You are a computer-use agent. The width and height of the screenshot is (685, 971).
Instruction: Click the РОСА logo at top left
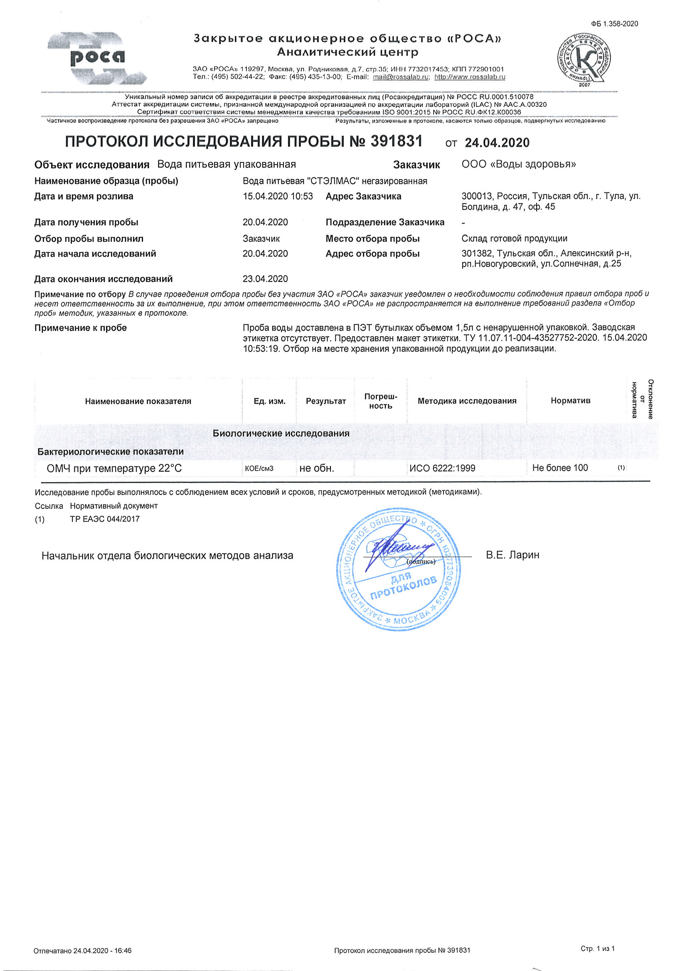pyautogui.click(x=97, y=58)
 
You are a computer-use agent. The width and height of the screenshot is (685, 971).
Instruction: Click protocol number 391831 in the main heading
pyautogui.click(x=396, y=141)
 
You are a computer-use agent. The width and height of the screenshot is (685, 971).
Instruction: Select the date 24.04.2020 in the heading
pyautogui.click(x=497, y=143)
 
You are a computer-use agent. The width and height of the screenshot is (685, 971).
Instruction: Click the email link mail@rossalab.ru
pyautogui.click(x=401, y=77)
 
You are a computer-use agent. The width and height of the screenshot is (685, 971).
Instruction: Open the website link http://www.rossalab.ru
pyautogui.click(x=470, y=77)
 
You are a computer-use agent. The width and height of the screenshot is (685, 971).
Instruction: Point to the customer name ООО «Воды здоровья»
pyautogui.click(x=518, y=164)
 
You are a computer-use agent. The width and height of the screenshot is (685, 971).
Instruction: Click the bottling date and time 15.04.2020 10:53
pyautogui.click(x=278, y=196)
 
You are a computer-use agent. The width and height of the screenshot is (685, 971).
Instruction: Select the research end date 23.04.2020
pyautogui.click(x=265, y=278)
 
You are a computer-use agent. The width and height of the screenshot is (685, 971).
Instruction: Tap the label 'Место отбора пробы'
pyautogui.click(x=372, y=239)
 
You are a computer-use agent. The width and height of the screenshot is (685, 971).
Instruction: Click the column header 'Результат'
pyautogui.click(x=325, y=401)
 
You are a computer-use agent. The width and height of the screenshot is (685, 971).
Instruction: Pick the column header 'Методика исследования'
pyautogui.click(x=467, y=401)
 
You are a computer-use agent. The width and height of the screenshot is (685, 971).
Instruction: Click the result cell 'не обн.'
pyautogui.click(x=317, y=468)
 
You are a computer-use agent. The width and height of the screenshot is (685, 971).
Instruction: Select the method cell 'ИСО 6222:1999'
pyautogui.click(x=442, y=468)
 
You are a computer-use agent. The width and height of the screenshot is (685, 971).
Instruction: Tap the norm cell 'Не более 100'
pyautogui.click(x=560, y=468)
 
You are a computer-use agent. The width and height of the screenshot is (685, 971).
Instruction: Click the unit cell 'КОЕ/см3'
pyautogui.click(x=259, y=468)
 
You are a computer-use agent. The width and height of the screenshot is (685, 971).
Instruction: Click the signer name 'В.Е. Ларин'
pyautogui.click(x=513, y=555)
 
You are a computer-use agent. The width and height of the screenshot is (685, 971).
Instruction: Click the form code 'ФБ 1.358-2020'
pyautogui.click(x=615, y=24)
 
